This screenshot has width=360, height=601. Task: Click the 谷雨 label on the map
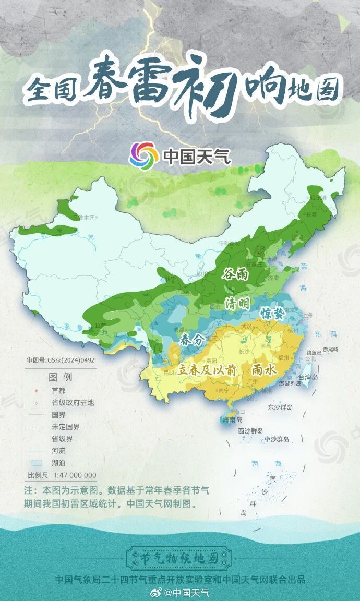pos(235,274)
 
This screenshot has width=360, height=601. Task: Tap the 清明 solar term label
pos(237,303)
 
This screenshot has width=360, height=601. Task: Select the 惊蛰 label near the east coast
pos(272,313)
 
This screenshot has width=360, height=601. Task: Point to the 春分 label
pos(190,340)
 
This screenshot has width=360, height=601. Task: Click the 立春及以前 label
pos(207,369)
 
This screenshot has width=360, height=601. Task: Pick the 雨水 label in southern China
pos(263,369)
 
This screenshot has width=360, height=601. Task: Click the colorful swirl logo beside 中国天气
pos(144,155)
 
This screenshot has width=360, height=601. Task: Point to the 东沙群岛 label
pos(280,407)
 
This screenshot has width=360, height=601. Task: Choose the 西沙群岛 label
pos(250,431)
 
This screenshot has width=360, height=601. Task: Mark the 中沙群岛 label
pos(276,439)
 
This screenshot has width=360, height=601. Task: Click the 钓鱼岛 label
pos(315,352)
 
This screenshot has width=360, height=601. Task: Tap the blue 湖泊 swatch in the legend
pos(35,463)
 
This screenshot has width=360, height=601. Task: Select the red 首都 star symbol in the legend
pos(35,390)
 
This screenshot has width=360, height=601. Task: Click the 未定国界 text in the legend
pos(66,427)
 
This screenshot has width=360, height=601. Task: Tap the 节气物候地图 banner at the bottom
pos(180,558)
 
